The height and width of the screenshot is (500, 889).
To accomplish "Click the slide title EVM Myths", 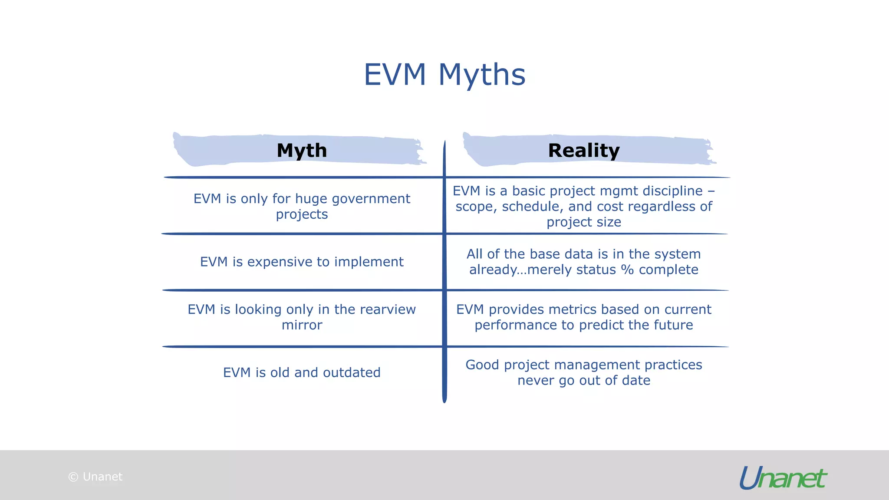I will tap(444, 75).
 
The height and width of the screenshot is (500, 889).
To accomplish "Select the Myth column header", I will tap(302, 151).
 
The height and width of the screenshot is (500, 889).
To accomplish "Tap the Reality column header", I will tap(584, 151).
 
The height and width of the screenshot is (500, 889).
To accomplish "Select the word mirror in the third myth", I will tap(302, 325).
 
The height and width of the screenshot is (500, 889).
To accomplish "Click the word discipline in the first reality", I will tap(672, 191).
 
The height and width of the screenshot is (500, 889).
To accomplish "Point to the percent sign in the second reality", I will tap(627, 270).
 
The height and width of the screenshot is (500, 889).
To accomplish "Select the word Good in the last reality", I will tap(482, 365).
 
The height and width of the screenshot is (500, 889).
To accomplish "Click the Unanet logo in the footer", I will tap(783, 478).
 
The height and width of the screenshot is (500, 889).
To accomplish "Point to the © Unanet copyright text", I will tap(95, 477).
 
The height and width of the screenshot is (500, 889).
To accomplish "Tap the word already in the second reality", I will tap(493, 270).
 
